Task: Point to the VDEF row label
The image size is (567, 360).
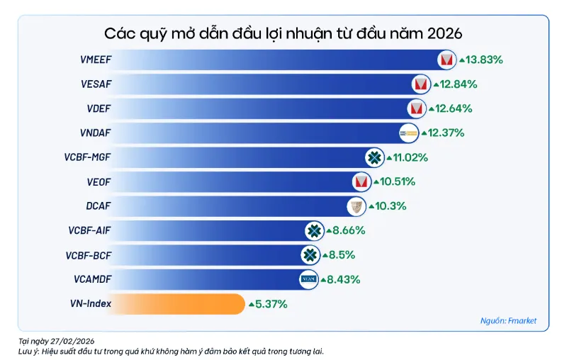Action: pyautogui.click(x=99, y=108)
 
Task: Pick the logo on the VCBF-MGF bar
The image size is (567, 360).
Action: pyautogui.click(x=374, y=157)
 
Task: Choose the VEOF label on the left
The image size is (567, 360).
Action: pyautogui.click(x=99, y=181)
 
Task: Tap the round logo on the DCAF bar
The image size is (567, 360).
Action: pyautogui.click(x=357, y=206)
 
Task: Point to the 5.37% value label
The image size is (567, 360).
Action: pyautogui.click(x=271, y=304)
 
